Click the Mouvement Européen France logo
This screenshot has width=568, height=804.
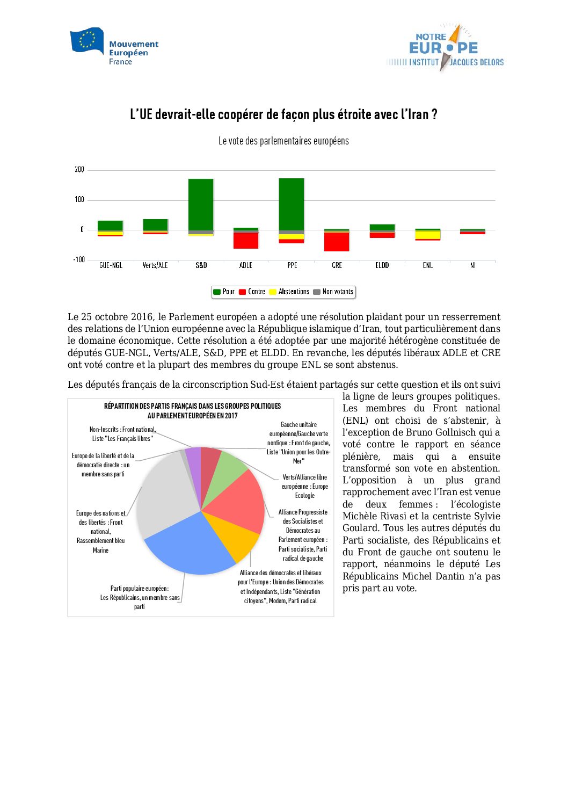(x=114, y=47)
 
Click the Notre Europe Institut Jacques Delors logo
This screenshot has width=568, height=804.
(x=445, y=48)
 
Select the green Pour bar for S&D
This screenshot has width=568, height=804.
(x=201, y=204)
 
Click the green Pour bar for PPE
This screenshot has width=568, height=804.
(x=292, y=204)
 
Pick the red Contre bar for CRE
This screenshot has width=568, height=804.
(x=337, y=242)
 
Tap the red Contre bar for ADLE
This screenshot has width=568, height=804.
(x=246, y=241)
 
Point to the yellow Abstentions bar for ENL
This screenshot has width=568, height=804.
(x=427, y=235)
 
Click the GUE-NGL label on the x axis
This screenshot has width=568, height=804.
(x=111, y=265)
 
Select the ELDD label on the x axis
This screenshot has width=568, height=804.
(x=382, y=265)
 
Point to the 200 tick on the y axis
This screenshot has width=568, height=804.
(x=79, y=170)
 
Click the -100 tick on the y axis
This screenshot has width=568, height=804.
(x=79, y=260)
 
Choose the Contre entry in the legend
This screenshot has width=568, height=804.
(x=252, y=292)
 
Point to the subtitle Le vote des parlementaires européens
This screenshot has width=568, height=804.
(x=283, y=141)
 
